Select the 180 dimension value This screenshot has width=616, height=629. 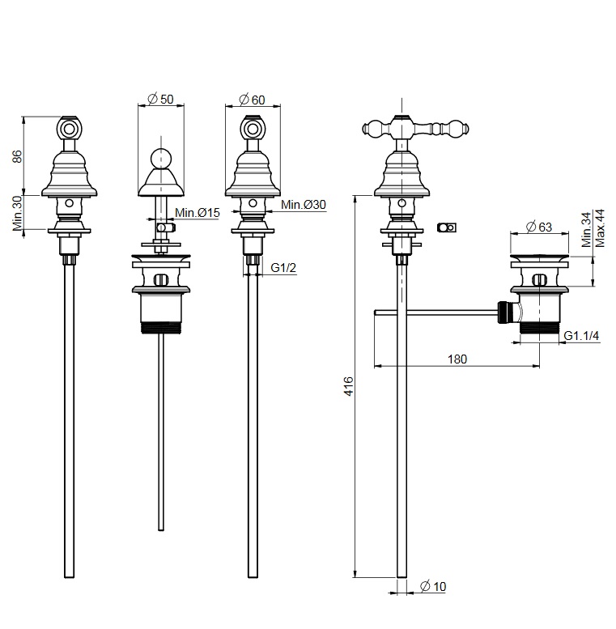pos(457,360)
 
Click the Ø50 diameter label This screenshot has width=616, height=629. pos(161,100)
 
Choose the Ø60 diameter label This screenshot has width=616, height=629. pos(253,100)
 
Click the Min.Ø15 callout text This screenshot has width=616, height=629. pos(197,212)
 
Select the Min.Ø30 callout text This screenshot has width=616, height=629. pos(304,206)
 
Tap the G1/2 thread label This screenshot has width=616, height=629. pos(282,267)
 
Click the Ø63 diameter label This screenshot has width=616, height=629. pos(539,227)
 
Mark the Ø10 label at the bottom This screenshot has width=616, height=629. pos(434,587)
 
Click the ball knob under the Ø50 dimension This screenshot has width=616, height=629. pos(162,157)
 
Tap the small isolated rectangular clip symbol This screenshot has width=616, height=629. pos(444,227)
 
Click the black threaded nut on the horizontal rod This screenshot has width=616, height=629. pos(505,312)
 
